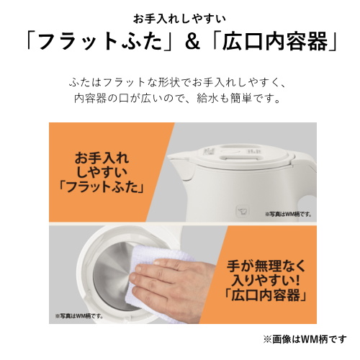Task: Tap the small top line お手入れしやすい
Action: (179, 17)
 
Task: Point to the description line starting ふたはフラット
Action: (180, 81)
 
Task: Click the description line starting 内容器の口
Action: (180, 97)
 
